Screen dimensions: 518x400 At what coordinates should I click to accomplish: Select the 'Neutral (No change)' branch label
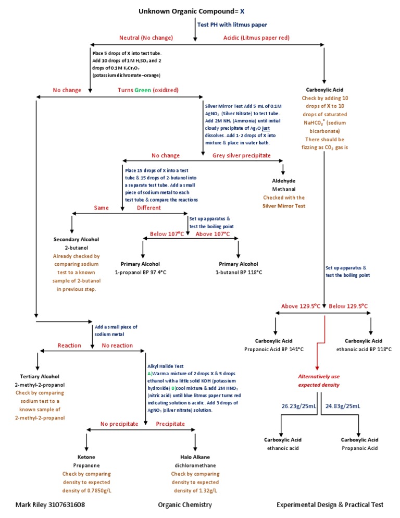(x=146, y=38)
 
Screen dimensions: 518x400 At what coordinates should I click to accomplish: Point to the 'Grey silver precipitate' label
(x=241, y=155)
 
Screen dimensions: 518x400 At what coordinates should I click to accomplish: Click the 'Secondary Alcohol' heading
(x=76, y=239)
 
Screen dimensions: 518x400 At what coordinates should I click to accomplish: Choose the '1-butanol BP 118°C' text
(x=238, y=272)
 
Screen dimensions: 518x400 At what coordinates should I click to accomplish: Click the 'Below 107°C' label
(x=167, y=234)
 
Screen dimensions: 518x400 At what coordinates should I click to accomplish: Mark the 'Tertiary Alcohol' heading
(x=40, y=376)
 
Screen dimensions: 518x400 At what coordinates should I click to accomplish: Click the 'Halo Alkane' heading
(x=195, y=457)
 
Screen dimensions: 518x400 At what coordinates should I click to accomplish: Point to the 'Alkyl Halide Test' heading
(x=165, y=366)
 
